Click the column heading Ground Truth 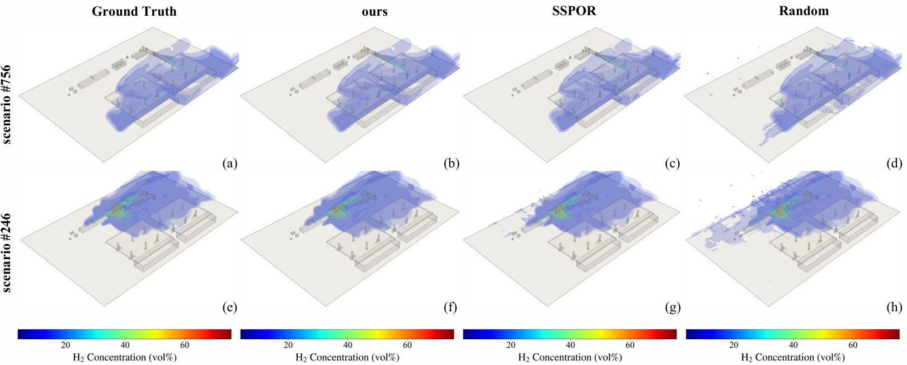[x=134, y=11]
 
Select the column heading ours [x=374, y=11]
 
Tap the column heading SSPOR [x=574, y=11]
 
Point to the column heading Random [x=803, y=11]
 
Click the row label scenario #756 [x=7, y=104]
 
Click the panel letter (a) [x=229, y=163]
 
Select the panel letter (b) [x=451, y=163]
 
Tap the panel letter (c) [x=672, y=163]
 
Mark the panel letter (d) [x=894, y=163]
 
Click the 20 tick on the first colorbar [x=65, y=345]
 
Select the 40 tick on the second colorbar [x=347, y=345]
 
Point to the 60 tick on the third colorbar [x=630, y=345]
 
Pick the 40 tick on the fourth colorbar [x=793, y=345]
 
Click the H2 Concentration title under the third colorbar [x=570, y=357]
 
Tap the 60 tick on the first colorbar [x=185, y=345]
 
